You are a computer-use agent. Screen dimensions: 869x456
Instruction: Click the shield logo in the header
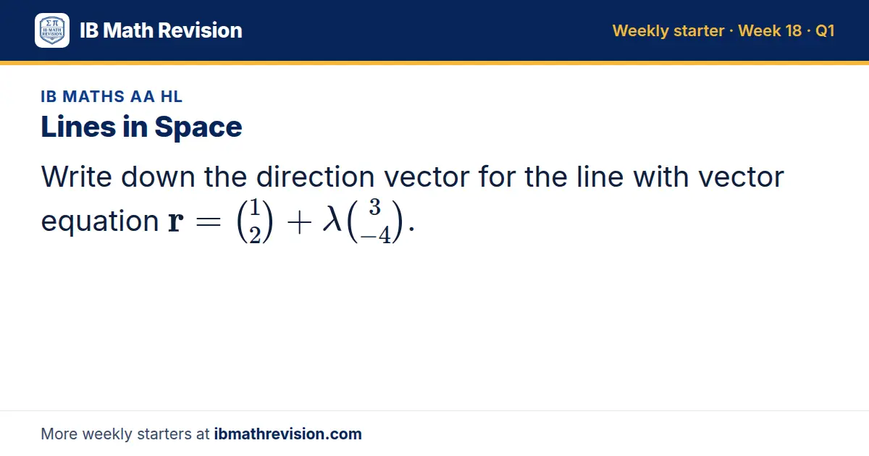point(52,30)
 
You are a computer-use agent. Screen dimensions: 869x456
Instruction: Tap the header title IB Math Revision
point(161,30)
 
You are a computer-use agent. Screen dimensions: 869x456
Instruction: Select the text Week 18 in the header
point(770,30)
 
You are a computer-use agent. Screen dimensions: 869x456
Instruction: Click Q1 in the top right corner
point(825,30)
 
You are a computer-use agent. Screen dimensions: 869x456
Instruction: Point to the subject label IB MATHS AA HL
point(112,96)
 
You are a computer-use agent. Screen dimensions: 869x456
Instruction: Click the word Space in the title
point(198,127)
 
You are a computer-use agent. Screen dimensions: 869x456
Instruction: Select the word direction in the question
point(316,177)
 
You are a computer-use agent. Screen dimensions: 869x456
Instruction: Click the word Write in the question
point(77,177)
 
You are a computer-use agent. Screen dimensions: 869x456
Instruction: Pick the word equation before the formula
point(100,221)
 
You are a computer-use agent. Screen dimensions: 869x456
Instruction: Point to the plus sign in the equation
point(299,223)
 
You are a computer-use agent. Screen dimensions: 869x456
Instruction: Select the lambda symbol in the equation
point(332,219)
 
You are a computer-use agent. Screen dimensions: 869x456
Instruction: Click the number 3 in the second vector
point(374,207)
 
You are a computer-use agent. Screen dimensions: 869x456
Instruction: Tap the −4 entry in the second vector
point(376,235)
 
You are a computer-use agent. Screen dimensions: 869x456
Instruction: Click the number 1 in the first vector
point(254,207)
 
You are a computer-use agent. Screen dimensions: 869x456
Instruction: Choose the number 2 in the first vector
point(254,235)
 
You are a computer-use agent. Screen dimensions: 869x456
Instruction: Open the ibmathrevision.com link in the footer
point(288,434)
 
